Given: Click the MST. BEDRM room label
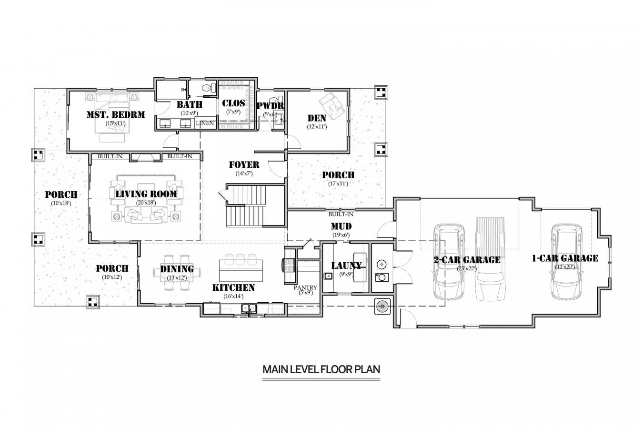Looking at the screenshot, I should tap(115, 114).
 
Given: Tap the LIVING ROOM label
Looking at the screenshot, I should tap(146, 194).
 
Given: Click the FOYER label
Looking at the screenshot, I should tap(244, 165).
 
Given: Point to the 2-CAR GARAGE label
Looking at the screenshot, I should tap(467, 260).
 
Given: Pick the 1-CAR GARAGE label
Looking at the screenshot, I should tap(565, 258).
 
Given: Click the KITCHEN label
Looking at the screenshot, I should tap(233, 287).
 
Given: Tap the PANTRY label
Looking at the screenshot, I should tap(305, 287).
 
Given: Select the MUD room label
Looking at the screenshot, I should tap(341, 226).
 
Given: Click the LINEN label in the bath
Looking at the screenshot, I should tap(205, 123).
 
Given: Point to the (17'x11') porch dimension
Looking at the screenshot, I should tap(338, 183).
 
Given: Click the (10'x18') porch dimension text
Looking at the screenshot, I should tap(61, 203).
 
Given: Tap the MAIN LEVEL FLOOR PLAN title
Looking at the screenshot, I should tap(321, 369).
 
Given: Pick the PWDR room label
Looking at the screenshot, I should tap(270, 106).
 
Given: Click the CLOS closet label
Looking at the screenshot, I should tap(233, 103).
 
